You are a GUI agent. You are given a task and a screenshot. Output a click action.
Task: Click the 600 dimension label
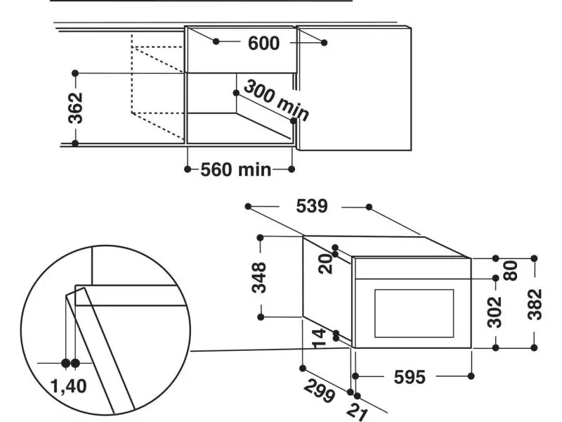click(264, 44)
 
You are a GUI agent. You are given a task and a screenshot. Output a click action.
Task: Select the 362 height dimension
click(76, 108)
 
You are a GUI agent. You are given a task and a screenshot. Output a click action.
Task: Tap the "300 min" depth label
click(275, 99)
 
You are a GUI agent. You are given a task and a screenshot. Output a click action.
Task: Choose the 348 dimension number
click(260, 277)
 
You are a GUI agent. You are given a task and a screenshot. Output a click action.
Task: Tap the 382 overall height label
click(535, 304)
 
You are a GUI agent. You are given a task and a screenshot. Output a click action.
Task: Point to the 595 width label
click(409, 378)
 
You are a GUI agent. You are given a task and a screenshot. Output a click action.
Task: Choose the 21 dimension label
click(359, 410)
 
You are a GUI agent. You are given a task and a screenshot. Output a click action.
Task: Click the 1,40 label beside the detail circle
click(69, 386)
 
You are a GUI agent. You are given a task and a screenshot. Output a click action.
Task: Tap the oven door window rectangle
click(414, 312)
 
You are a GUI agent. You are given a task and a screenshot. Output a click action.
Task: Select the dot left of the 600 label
click(216, 42)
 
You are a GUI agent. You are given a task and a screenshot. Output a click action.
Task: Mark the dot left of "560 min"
click(188, 170)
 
